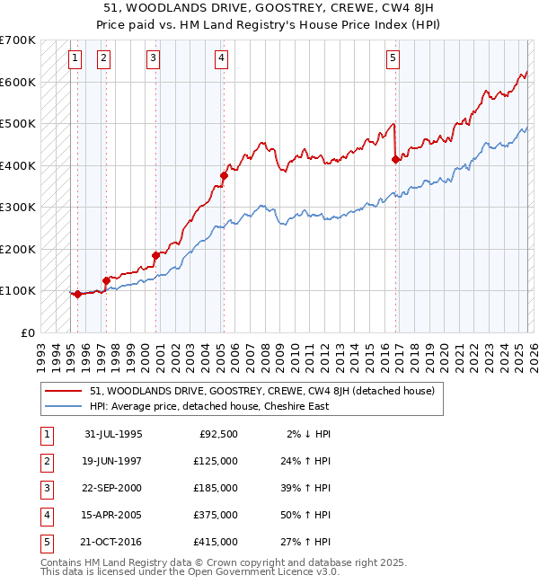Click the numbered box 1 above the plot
75,58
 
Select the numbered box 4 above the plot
221,58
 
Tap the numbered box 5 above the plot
393,58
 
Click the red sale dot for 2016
395,159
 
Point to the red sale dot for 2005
224,176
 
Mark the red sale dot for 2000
155,255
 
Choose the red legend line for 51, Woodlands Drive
65,391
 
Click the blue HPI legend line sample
65,406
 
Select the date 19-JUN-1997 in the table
113,461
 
